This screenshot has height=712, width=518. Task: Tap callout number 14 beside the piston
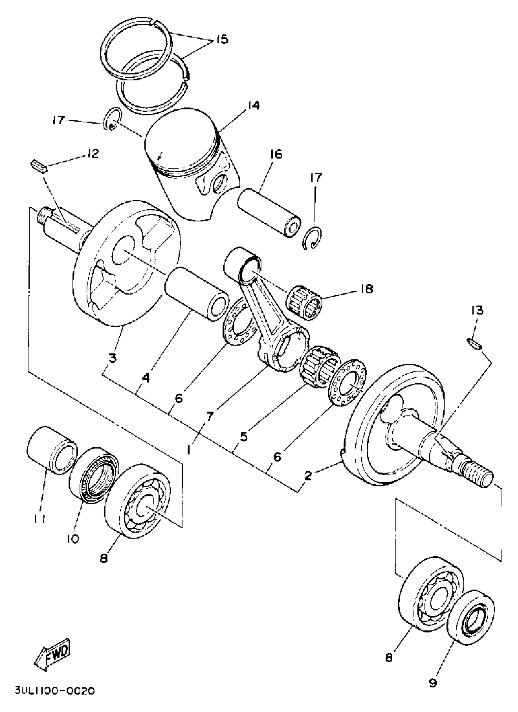[x=253, y=105]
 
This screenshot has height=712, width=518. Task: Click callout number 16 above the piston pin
[x=275, y=154]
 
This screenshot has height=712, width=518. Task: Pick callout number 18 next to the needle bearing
[x=366, y=289]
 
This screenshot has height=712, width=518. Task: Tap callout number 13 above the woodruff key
[x=477, y=311]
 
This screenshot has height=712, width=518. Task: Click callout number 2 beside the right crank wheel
[x=308, y=476]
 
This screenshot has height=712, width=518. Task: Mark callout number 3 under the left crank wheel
[x=112, y=358]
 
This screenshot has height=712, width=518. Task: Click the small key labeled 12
[x=39, y=165]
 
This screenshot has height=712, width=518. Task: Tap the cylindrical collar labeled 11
[x=52, y=449]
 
